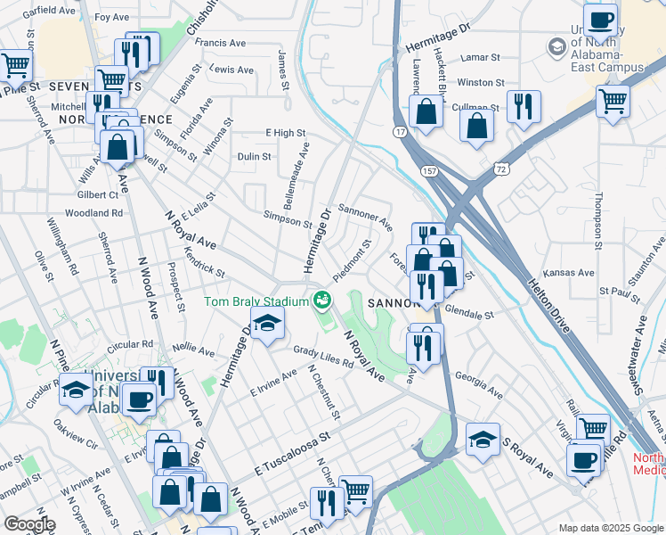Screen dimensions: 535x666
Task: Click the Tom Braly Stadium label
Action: (256, 301)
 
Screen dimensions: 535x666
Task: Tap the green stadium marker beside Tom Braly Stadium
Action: (320, 301)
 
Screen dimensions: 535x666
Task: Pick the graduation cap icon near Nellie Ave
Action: (266, 326)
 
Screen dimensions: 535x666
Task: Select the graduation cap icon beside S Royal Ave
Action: (483, 440)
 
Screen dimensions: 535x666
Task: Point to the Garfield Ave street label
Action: (49, 11)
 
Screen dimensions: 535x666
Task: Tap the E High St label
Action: (285, 133)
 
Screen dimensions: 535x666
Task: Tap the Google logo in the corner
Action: (29, 524)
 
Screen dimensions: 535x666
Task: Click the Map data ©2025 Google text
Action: (610, 528)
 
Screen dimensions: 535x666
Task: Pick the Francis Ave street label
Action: (220, 42)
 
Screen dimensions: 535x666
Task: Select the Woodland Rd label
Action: (93, 213)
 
